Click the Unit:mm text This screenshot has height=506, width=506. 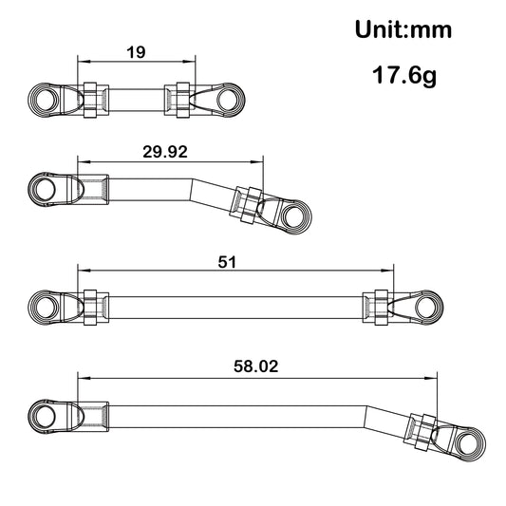click(403, 29)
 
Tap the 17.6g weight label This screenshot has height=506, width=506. click(403, 75)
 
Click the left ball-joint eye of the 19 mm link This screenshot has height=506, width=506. click(44, 99)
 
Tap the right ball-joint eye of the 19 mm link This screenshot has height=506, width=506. click(230, 100)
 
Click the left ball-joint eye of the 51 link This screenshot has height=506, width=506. click(44, 306)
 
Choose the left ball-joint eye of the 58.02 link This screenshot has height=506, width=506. click(44, 415)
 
